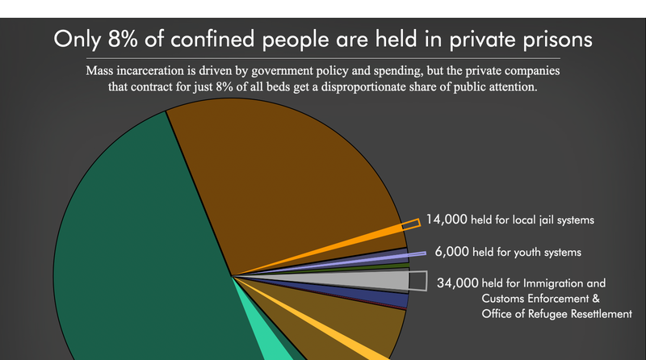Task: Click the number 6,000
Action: point(451,252)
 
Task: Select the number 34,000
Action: point(454,283)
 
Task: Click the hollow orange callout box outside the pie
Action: point(412,223)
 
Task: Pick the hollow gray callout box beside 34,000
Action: point(417,280)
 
